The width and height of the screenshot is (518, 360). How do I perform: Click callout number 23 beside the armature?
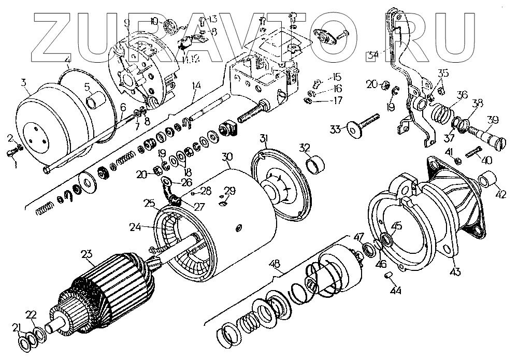[87, 254]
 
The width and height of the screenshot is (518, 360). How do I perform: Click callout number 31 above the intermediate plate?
[264, 138]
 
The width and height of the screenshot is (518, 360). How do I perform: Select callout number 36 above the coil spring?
[462, 94]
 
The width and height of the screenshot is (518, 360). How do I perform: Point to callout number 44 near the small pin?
[396, 291]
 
